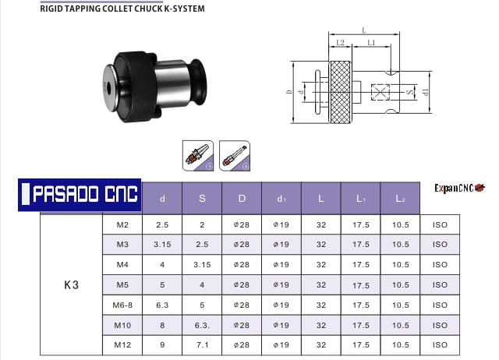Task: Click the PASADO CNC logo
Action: coord(80,195)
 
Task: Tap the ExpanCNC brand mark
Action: coord(460,188)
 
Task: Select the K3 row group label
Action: coord(71,285)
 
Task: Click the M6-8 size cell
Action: coord(122,305)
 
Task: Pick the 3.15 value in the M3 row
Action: coord(162,244)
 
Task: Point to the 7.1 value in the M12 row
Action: coord(202,344)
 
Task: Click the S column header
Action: coord(202,199)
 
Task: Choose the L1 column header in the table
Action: coord(360,199)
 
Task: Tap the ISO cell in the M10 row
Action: coord(440,325)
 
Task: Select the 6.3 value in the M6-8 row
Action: coord(162,305)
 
